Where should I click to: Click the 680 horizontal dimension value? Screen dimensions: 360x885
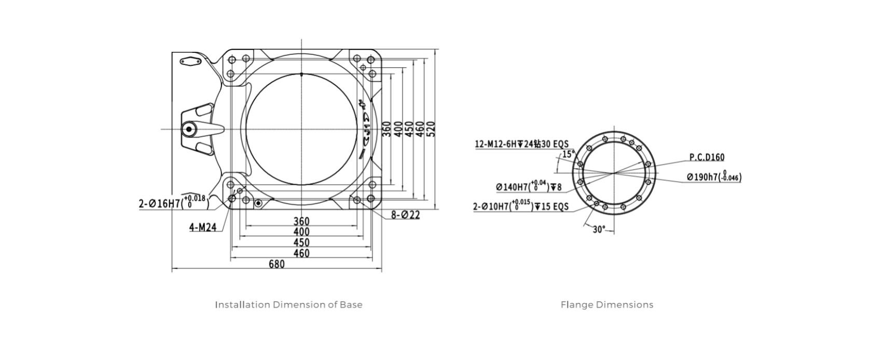[x=276, y=264]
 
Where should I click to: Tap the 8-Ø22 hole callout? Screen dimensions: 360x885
[x=406, y=214]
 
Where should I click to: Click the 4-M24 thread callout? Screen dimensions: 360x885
[x=203, y=227]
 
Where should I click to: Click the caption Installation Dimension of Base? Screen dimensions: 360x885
[x=288, y=304]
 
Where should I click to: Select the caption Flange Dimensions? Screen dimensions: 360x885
[x=607, y=304]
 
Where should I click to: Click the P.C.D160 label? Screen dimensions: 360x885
[x=707, y=157]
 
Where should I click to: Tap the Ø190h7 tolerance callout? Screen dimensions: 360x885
[x=714, y=177]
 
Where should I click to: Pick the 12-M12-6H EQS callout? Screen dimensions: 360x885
[x=521, y=144]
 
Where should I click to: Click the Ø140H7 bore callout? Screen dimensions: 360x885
[x=529, y=186]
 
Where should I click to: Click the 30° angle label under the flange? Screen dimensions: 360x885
[x=599, y=229]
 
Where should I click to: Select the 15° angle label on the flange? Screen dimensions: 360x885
[x=569, y=154]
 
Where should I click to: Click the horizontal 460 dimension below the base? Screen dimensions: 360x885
[x=301, y=253]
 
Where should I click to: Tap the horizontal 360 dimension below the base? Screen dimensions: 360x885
[x=301, y=221]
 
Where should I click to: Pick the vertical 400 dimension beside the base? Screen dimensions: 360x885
[x=398, y=129]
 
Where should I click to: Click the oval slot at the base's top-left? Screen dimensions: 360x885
[x=190, y=62]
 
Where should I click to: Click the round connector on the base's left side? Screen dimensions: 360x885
[x=189, y=129]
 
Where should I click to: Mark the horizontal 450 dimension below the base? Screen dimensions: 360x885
[x=301, y=242]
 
